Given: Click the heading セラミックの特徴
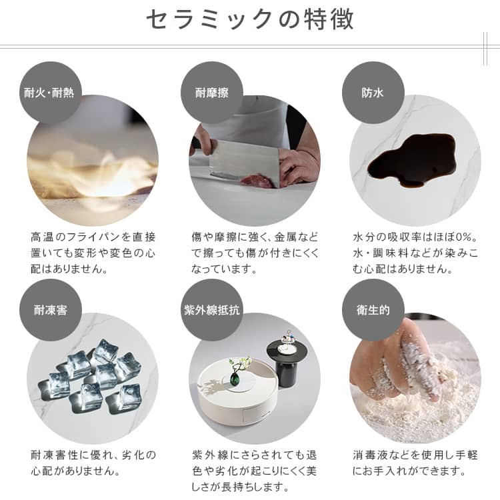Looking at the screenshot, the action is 250,19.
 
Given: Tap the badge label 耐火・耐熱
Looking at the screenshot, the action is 49,93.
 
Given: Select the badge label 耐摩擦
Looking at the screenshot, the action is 212,93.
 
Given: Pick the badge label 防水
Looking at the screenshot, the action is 373,93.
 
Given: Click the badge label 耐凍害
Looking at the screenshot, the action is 51,310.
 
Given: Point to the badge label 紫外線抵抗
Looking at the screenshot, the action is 212,310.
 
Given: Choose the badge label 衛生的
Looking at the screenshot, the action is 373,310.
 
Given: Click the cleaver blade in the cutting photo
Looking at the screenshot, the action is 244,161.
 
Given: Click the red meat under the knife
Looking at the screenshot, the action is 257,181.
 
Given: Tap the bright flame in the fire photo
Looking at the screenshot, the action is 105,179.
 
